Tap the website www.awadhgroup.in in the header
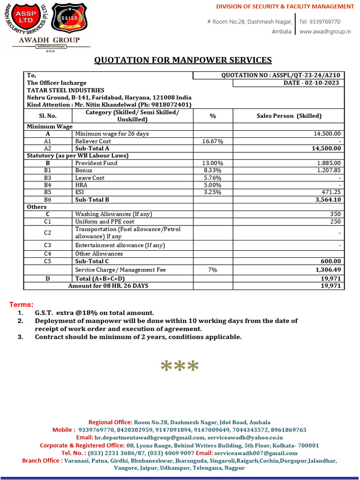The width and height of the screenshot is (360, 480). (325, 31)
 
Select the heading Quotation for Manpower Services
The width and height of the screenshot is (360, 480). (183, 60)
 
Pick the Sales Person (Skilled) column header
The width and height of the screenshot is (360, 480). (289, 116)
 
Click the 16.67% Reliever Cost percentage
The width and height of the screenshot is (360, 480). (212, 141)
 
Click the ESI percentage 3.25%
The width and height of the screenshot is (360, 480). (212, 192)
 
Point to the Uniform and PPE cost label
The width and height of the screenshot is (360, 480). (105, 221)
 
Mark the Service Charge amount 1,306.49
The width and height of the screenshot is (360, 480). (328, 270)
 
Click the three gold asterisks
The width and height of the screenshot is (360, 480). (180, 367)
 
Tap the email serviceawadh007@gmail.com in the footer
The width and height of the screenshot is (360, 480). (256, 453)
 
